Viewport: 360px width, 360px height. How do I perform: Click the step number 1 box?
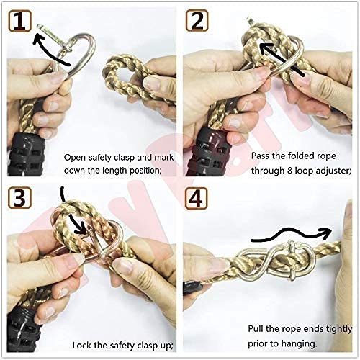(x=20, y=21)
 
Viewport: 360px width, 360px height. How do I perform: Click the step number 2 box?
(x=197, y=20)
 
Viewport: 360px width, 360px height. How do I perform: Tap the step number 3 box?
(x=19, y=198)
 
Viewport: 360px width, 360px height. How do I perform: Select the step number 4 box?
(x=196, y=198)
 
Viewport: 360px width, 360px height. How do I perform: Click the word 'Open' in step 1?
(x=75, y=158)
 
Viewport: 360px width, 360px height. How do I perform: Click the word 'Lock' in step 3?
(x=82, y=346)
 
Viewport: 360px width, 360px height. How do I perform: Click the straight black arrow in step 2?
(x=282, y=60)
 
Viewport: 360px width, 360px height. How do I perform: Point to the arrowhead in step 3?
(x=81, y=228)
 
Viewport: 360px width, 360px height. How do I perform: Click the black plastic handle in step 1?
(x=26, y=153)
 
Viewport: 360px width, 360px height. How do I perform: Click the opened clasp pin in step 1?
(x=54, y=37)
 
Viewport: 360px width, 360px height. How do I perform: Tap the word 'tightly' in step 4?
(x=339, y=329)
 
